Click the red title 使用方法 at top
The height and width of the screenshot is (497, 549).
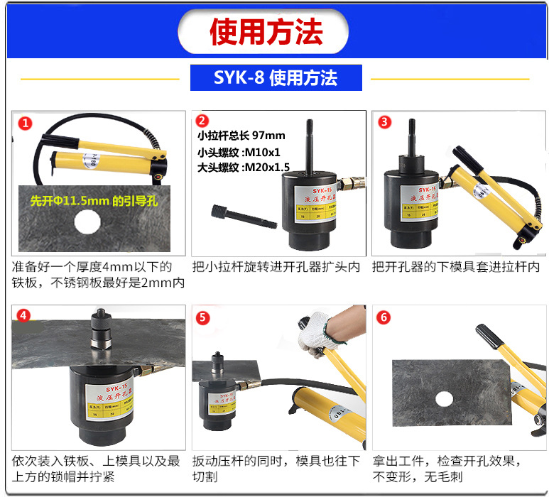pos(266,31)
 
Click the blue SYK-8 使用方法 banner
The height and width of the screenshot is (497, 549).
pos(276,77)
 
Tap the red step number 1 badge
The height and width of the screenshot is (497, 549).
pos(26,124)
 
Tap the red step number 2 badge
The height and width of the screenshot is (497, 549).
pos(202,121)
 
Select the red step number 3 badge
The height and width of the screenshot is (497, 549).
pos(384,122)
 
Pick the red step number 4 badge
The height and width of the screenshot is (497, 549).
pos(25,317)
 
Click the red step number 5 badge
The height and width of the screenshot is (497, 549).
pos(203,317)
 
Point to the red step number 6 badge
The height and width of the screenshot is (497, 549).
pos(384,317)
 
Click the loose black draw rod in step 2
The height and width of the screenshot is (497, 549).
pos(244,215)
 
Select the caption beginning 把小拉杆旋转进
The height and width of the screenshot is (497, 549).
pos(276,268)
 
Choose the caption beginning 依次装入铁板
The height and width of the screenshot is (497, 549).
pos(95,469)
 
